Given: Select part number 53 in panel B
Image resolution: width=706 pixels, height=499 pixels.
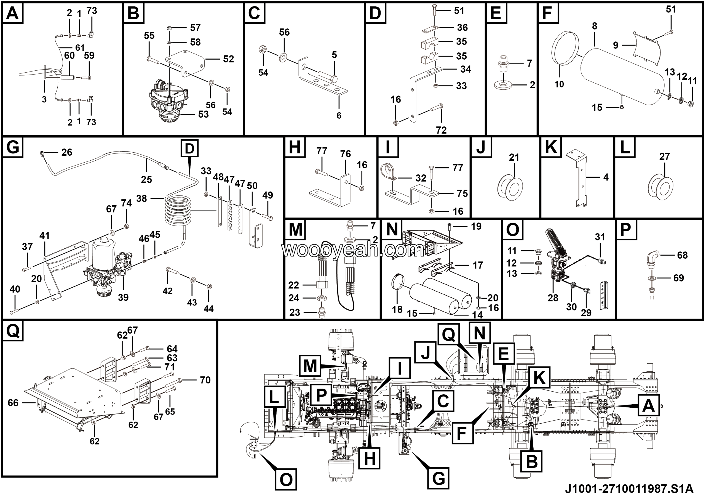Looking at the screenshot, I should (x=203, y=115).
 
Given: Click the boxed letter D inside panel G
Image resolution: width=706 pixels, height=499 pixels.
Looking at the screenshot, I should (x=189, y=148).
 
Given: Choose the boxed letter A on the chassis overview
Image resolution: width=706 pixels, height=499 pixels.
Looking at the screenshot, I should (x=648, y=406).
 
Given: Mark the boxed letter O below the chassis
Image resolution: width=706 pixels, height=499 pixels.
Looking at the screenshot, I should (x=286, y=479).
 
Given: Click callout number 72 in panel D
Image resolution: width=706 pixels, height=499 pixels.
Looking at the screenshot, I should (x=441, y=130).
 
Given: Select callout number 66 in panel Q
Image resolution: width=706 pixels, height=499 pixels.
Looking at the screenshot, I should (x=13, y=403).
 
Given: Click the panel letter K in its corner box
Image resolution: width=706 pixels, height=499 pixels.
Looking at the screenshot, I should (x=550, y=147).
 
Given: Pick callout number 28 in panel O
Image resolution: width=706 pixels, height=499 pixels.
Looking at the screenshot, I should (x=553, y=298).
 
